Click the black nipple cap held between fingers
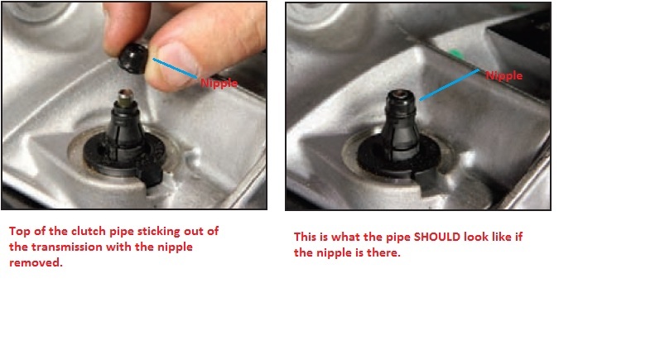[133, 59]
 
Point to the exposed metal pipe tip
[126, 98]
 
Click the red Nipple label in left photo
[219, 83]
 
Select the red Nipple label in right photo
[504, 75]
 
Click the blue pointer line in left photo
[175, 68]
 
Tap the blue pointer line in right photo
[449, 84]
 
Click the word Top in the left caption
[19, 231]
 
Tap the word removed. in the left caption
[36, 262]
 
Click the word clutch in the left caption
[89, 231]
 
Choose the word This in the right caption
[306, 237]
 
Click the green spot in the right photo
[454, 54]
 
